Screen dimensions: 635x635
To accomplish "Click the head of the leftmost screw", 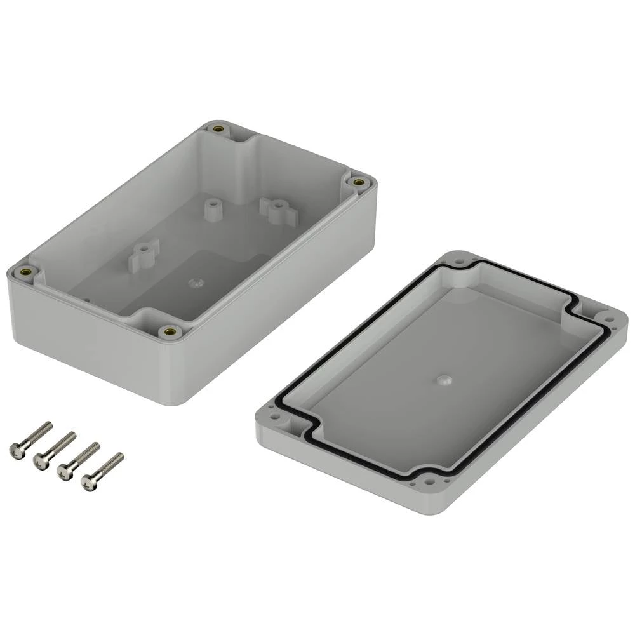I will [x=16, y=450].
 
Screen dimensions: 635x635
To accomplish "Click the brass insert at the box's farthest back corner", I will [x=219, y=130].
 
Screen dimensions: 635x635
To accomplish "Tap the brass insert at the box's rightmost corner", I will [x=359, y=182].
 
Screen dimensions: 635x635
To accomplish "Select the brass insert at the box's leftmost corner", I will [x=27, y=272].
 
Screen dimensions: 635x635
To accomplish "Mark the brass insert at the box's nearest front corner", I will [x=170, y=331].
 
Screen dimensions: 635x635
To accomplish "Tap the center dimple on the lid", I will [x=443, y=380].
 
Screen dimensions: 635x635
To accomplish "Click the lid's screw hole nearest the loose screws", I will [x=276, y=419].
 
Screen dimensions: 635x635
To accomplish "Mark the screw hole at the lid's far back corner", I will [x=459, y=261].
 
